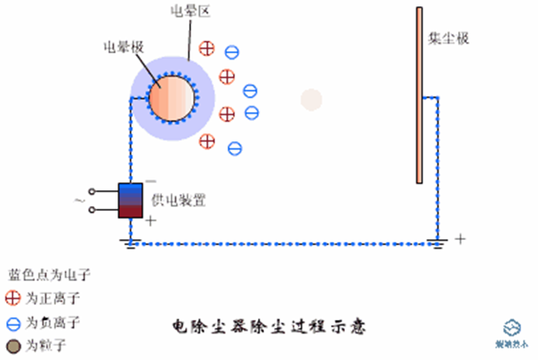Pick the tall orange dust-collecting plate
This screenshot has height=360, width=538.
coord(418,95)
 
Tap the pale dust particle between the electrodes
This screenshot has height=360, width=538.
coord(310,100)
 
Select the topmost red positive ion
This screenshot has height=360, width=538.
coord(207,47)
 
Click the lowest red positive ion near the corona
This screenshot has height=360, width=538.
coord(208,140)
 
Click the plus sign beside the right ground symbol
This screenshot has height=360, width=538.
coord(460,238)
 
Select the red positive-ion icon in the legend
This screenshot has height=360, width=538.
coord(13,298)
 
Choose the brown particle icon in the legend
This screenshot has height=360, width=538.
coord(13,343)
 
